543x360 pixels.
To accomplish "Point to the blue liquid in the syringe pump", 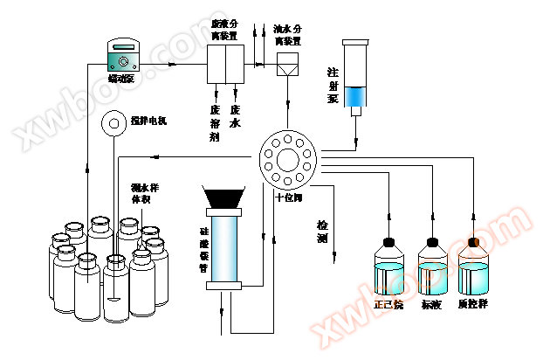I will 356,96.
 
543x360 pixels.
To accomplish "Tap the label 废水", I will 235,117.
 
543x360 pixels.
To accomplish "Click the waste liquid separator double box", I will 225,64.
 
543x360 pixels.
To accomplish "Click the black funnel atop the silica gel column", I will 223,197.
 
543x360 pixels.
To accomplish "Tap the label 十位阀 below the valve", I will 287,197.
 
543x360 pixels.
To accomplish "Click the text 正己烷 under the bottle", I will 388,305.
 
